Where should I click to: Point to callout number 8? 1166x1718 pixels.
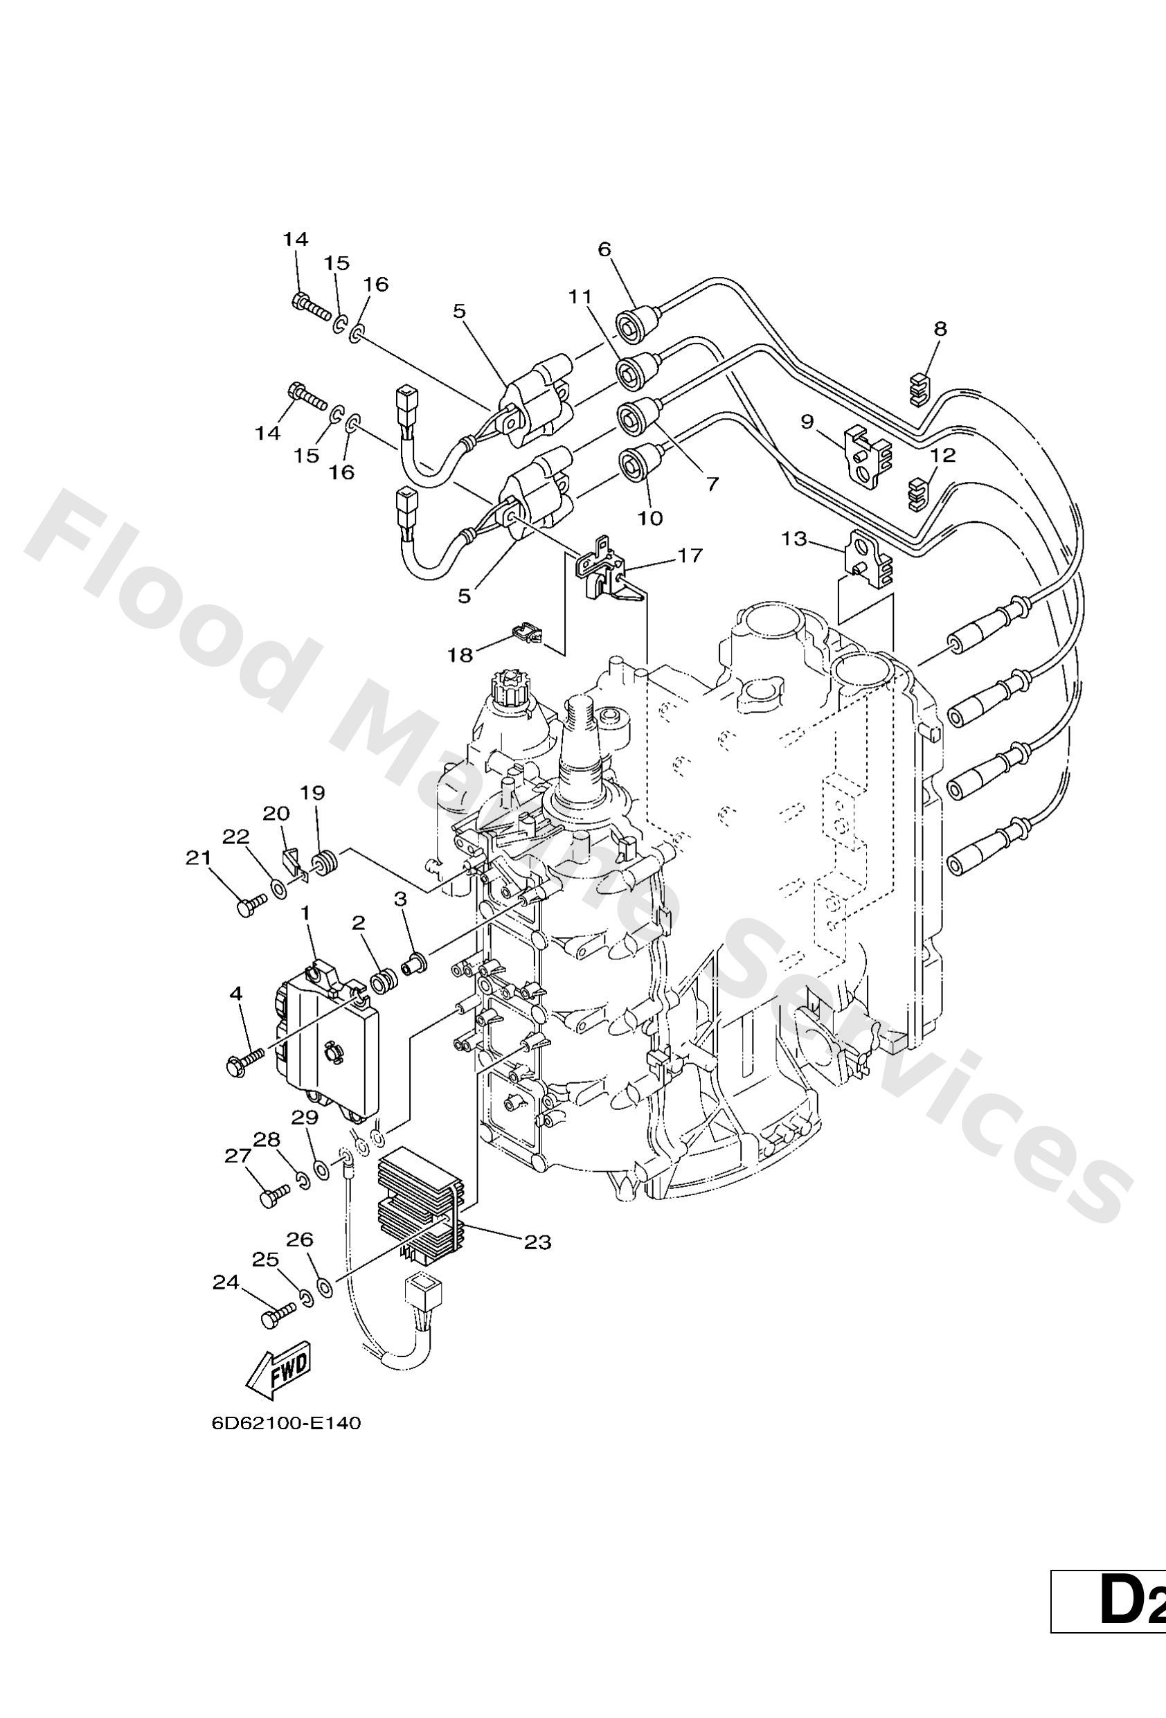click(x=940, y=328)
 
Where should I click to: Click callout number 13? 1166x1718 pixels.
click(x=795, y=539)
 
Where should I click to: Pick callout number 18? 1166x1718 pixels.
click(x=460, y=655)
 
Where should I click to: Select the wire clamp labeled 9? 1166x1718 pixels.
click(x=868, y=455)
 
